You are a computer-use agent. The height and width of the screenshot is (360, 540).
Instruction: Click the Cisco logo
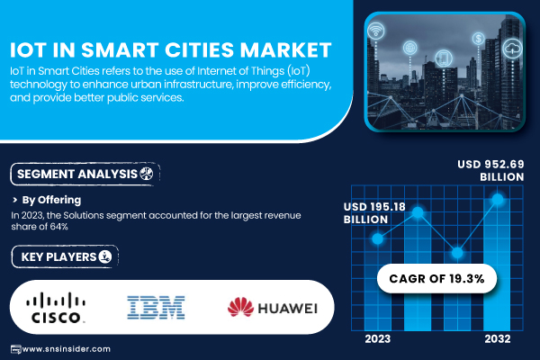(x=56, y=308)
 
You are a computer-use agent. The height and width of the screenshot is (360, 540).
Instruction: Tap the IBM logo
(x=156, y=307)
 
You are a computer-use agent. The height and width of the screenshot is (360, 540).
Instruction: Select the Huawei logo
(x=273, y=307)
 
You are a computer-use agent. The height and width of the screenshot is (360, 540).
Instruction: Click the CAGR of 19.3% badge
(x=436, y=279)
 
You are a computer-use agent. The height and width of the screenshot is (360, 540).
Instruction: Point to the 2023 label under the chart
(x=378, y=339)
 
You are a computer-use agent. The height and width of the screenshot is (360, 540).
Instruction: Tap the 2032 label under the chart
(x=498, y=339)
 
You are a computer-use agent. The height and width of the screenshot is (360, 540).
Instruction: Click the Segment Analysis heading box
(x=85, y=174)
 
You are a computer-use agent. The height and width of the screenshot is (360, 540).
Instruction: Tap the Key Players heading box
(x=65, y=256)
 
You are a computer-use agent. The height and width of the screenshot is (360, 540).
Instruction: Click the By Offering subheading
(x=51, y=200)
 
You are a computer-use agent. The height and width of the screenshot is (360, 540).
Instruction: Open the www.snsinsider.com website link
(x=66, y=349)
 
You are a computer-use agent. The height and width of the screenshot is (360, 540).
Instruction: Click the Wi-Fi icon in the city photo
(x=375, y=31)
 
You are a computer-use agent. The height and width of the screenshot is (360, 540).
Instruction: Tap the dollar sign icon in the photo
(x=479, y=38)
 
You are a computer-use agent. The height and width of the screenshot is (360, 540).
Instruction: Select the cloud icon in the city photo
(x=513, y=49)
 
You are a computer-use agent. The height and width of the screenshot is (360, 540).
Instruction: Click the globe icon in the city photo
(x=409, y=48)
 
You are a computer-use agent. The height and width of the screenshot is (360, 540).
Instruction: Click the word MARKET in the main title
(x=286, y=50)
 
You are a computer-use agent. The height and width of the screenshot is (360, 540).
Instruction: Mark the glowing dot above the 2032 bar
(x=498, y=199)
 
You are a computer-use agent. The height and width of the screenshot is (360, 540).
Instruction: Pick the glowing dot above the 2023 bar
(x=378, y=238)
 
